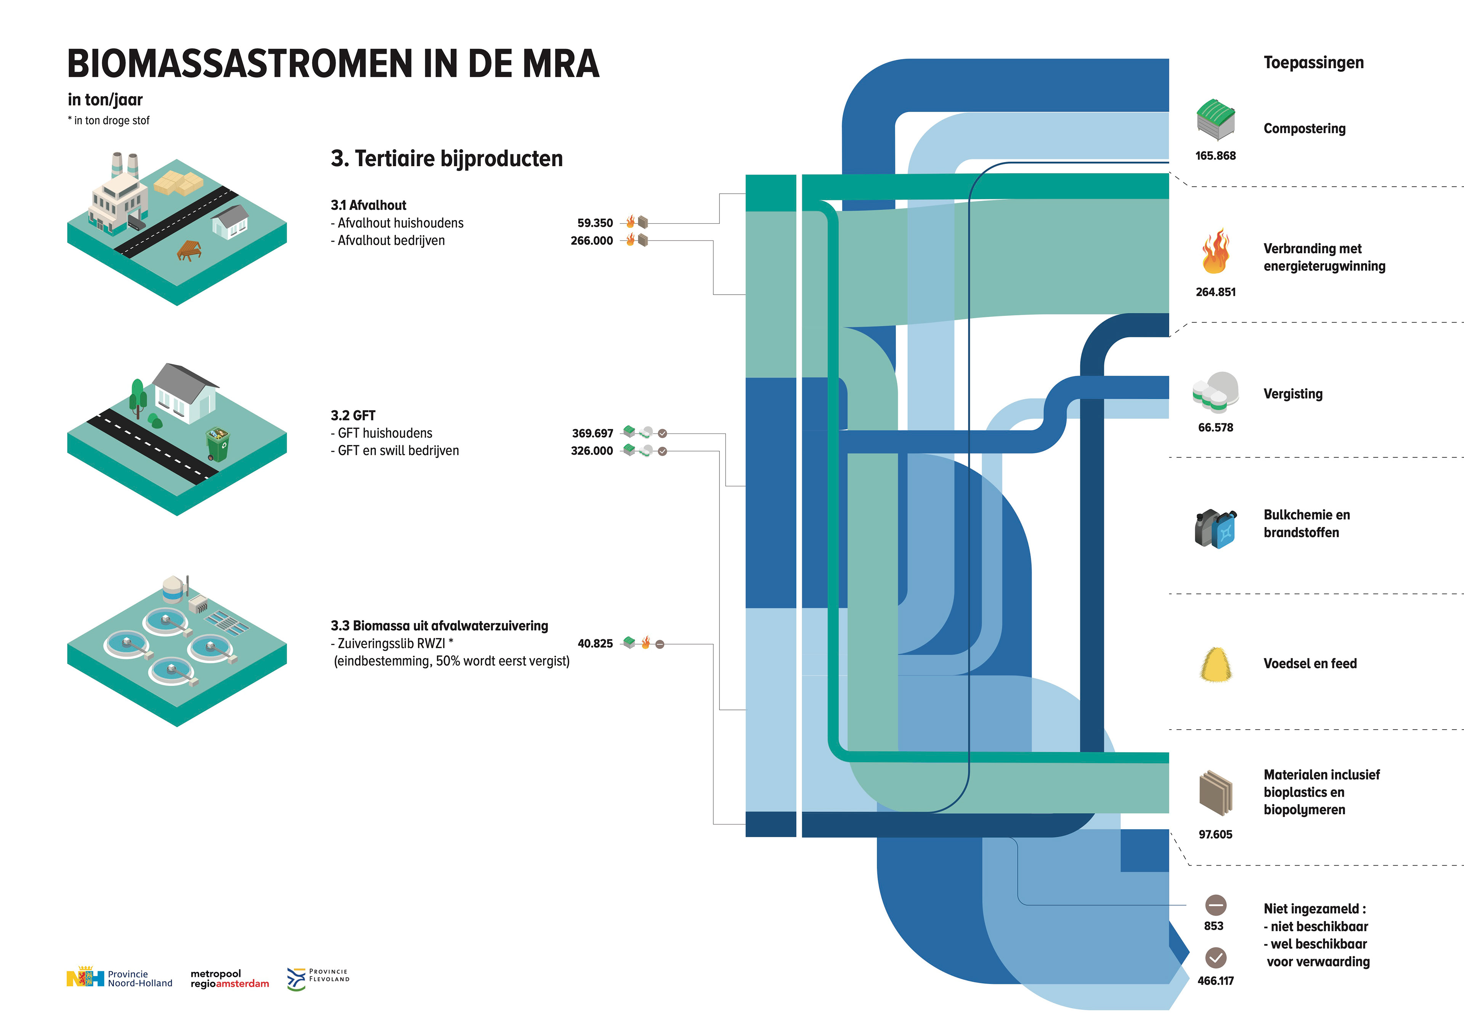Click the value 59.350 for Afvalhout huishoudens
594,223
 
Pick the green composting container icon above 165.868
1215,119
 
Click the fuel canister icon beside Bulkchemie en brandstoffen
1215,528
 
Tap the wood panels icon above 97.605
1215,793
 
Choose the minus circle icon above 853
1215,905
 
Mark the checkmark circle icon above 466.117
1215,958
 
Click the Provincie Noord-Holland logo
119,978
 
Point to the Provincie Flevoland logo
318,978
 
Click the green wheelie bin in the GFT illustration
217,444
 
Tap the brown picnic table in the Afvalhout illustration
189,250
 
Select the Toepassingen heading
1313,63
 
